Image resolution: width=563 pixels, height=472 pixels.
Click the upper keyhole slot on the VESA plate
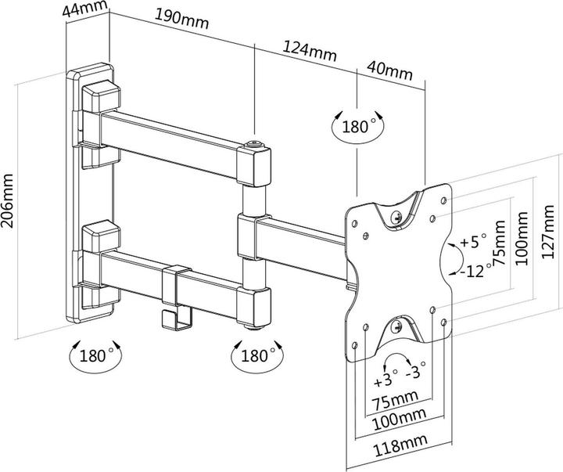tap(397, 213)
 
